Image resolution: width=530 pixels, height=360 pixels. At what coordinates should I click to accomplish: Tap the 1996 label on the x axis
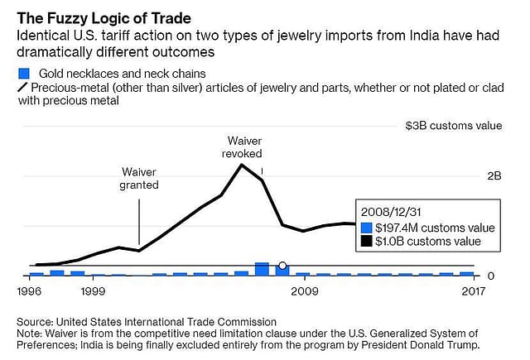pyautogui.click(x=30, y=291)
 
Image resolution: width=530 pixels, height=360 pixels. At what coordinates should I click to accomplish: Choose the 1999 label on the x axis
pyautogui.click(x=93, y=291)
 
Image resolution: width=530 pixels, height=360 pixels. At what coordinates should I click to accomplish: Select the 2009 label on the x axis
pyautogui.click(x=304, y=291)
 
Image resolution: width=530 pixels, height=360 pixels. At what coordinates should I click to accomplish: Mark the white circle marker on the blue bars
pyautogui.click(x=282, y=266)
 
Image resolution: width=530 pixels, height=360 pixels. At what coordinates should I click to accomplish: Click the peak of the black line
pyautogui.click(x=242, y=165)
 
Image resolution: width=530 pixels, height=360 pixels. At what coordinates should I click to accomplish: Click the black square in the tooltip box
pyautogui.click(x=368, y=242)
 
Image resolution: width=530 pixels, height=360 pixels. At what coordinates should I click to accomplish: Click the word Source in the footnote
pyautogui.click(x=35, y=321)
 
